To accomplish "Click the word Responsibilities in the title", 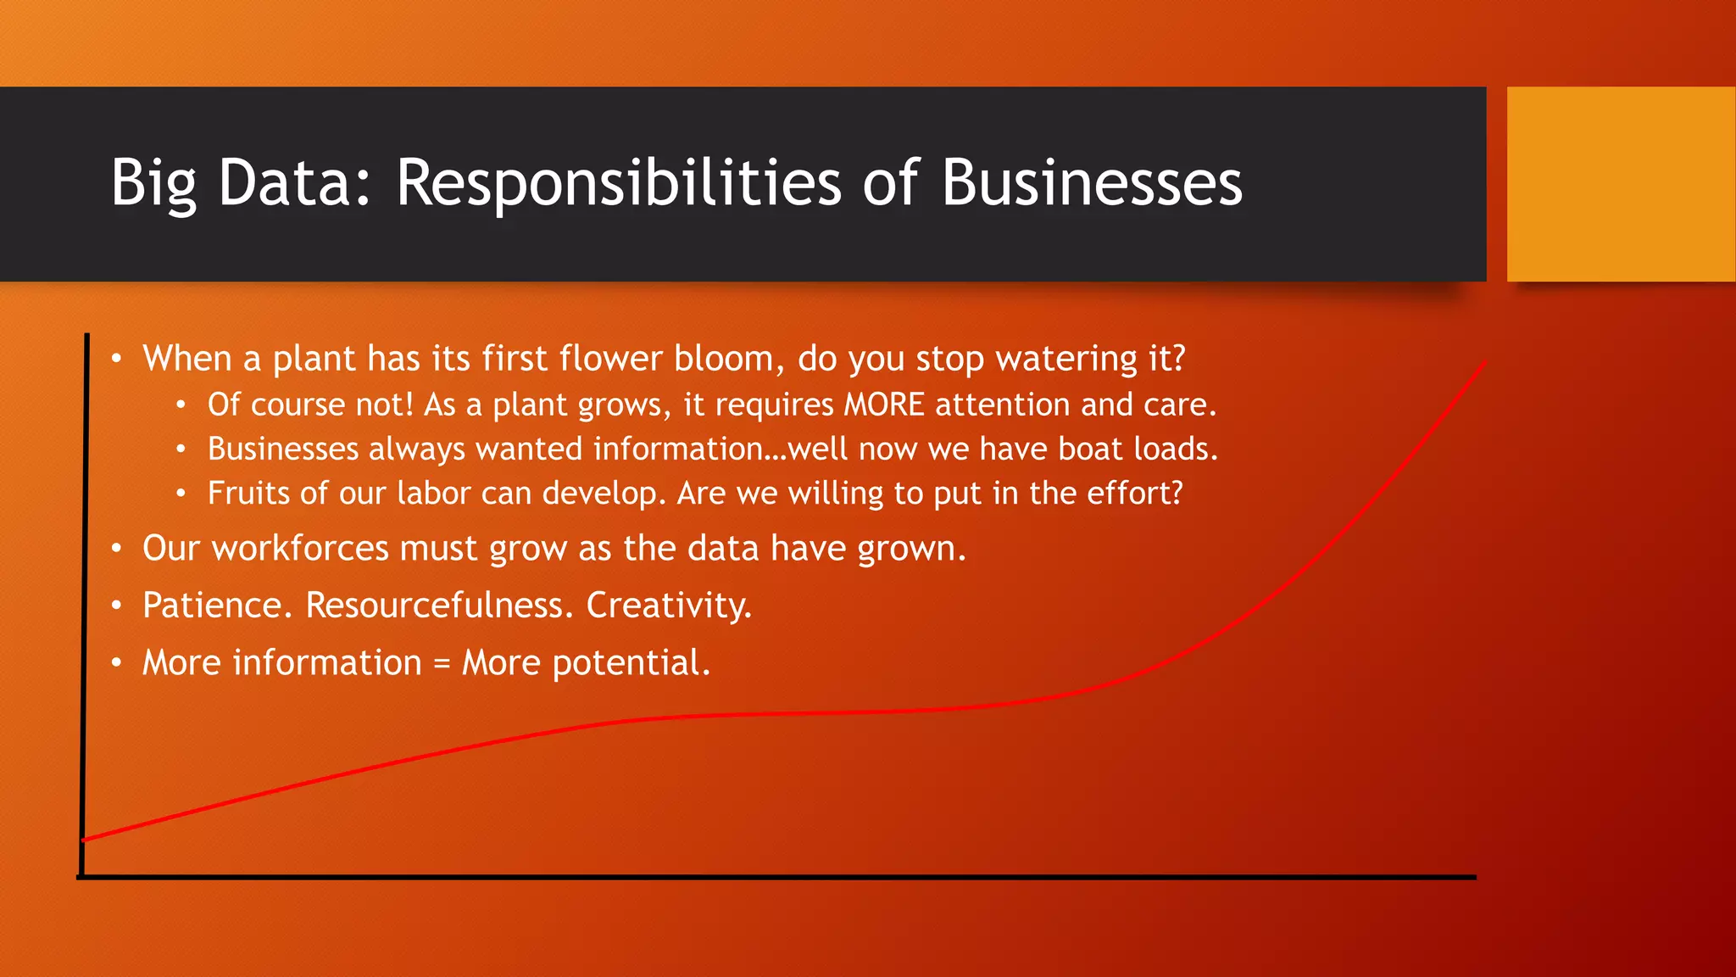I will click(x=618, y=182).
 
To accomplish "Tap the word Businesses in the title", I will click(x=1091, y=182).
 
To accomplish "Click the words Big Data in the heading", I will click(x=241, y=182).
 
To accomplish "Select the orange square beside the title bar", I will click(x=1620, y=184).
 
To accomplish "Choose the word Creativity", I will click(x=668, y=606).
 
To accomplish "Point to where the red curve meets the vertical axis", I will click(x=85, y=840).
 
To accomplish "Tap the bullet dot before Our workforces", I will click(x=116, y=550).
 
